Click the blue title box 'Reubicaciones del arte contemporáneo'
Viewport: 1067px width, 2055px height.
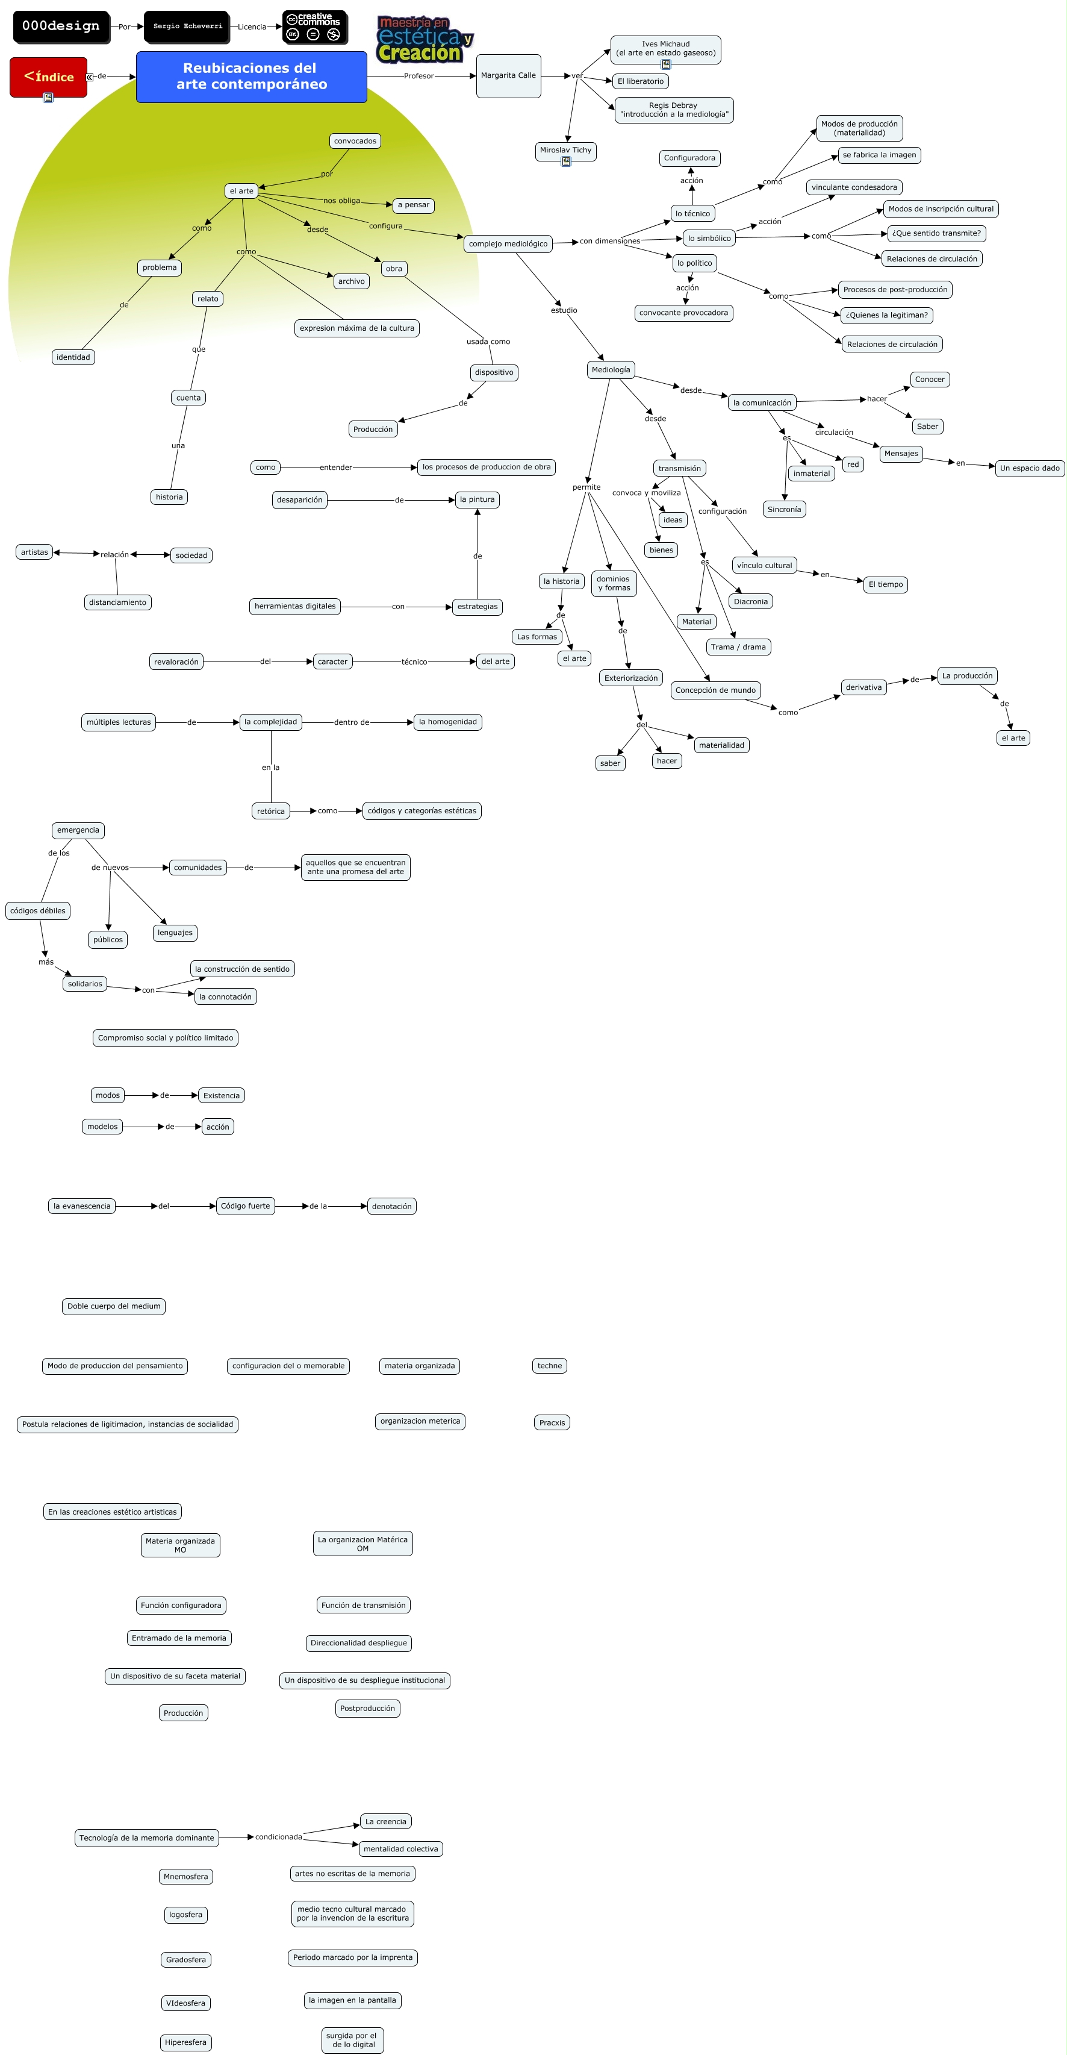coord(251,77)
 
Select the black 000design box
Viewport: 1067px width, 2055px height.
coord(61,27)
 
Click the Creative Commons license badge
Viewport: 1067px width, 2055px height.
coord(314,27)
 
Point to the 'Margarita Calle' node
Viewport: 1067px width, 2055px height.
coord(508,76)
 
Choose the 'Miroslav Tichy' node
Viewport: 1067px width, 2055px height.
coord(565,151)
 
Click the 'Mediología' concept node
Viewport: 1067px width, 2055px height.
coord(611,369)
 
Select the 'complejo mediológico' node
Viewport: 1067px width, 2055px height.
coord(508,244)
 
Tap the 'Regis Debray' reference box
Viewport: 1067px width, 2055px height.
coord(674,110)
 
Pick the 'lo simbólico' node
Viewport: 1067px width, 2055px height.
coord(709,239)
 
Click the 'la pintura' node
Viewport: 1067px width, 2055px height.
coord(477,499)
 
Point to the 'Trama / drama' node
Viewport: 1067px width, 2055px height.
coord(738,647)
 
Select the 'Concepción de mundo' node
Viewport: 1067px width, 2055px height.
coord(715,690)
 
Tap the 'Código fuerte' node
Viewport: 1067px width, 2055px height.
coord(246,1206)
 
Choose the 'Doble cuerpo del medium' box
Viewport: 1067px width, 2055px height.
coord(114,1306)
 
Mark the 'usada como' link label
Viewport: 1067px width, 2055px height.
coord(488,342)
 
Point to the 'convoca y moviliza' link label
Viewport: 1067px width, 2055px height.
coord(646,493)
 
